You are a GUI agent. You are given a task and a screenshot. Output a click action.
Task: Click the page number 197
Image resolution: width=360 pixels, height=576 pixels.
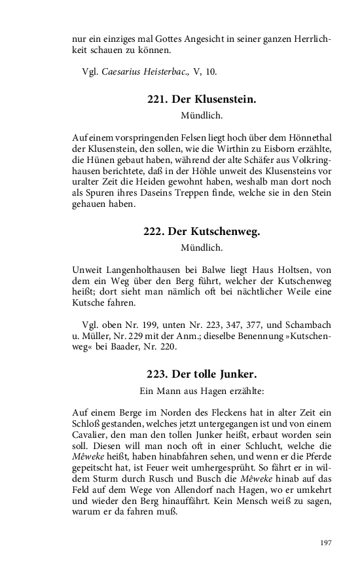[x=326, y=542]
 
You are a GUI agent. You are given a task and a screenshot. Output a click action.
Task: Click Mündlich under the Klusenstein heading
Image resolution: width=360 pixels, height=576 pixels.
[x=201, y=117]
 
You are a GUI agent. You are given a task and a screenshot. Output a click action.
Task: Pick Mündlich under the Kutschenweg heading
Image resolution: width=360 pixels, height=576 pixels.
[x=201, y=248]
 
